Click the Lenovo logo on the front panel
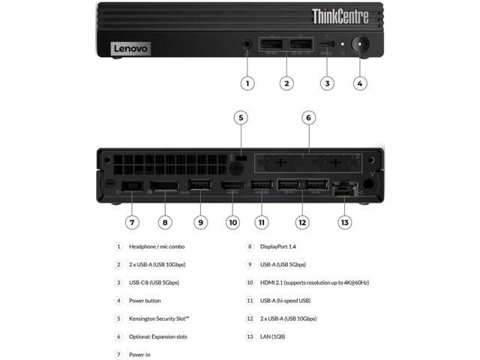(x=131, y=48)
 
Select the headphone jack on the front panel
(x=247, y=45)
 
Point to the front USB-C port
(x=325, y=45)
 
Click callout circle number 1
(x=247, y=83)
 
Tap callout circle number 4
(x=361, y=83)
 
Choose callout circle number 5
(x=240, y=117)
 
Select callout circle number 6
(x=307, y=117)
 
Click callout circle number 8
(x=165, y=222)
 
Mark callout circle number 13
(x=344, y=222)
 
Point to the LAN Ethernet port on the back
(x=344, y=188)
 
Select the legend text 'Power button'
(x=145, y=301)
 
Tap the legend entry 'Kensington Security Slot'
(x=159, y=319)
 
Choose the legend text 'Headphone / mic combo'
(x=157, y=246)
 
